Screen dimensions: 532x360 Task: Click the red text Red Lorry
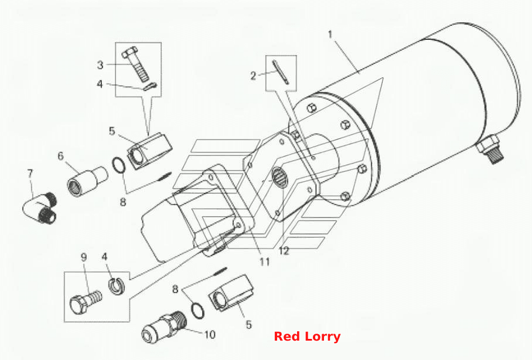tap(307, 337)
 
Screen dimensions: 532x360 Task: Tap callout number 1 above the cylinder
tap(330, 35)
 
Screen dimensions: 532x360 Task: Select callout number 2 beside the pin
tap(253, 76)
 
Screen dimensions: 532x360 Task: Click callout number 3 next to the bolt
tap(100, 64)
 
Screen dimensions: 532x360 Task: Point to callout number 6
tap(60, 156)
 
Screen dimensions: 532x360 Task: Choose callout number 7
tap(30, 174)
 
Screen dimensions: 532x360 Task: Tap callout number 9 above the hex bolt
tap(84, 257)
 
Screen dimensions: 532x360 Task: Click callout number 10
tap(210, 335)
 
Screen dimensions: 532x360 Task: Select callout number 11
tap(265, 261)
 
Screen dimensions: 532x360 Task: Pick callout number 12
tap(284, 251)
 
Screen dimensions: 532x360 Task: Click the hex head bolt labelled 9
tap(86, 301)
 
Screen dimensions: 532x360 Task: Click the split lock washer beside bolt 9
tap(117, 286)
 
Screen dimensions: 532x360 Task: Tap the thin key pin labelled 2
tap(281, 72)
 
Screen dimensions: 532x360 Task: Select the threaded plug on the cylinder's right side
tap(490, 148)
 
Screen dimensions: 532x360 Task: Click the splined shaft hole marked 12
tap(279, 177)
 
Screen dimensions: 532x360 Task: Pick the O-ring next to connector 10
tap(197, 310)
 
